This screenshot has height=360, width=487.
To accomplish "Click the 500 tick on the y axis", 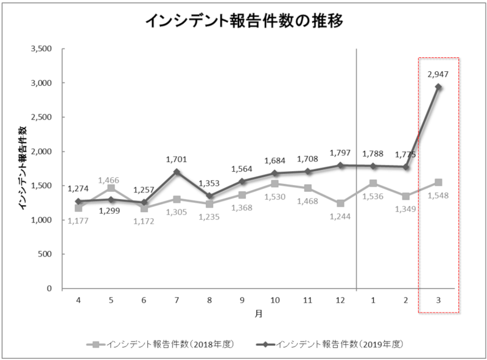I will pyautogui.click(x=47, y=254).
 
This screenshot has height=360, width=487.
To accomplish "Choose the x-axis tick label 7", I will pyautogui.click(x=177, y=301).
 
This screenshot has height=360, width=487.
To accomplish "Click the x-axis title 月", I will pyautogui.click(x=258, y=315).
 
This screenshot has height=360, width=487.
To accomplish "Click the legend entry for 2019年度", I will pyautogui.click(x=332, y=344).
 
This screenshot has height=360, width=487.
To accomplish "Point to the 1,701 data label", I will pyautogui.click(x=177, y=160).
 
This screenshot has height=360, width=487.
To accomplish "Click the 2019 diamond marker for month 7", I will pyautogui.click(x=177, y=172).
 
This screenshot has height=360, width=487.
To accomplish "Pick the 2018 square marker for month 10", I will pyautogui.click(x=275, y=183).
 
